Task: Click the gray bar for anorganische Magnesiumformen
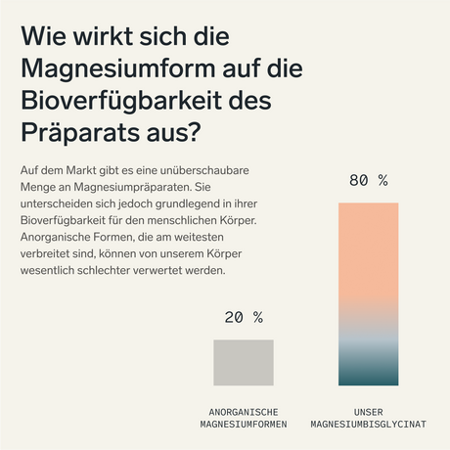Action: click(244, 362)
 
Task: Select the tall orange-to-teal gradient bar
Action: click(369, 293)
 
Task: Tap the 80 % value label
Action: click(369, 181)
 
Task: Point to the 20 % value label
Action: click(244, 317)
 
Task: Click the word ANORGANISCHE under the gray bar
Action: click(244, 412)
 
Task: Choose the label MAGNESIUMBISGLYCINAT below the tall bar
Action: click(369, 426)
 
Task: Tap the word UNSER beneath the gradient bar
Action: click(369, 412)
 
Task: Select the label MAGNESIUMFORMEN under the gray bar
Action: click(244, 426)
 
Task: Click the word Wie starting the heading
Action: click(45, 38)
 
